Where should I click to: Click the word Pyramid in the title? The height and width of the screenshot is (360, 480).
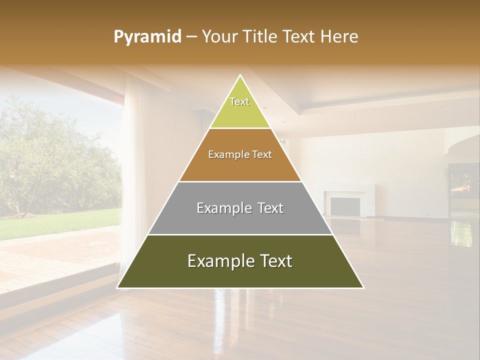click(147, 37)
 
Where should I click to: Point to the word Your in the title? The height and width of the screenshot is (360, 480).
click(221, 37)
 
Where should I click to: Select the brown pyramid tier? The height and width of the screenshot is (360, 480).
click(240, 165)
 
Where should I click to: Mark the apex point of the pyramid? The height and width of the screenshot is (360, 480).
click(240, 75)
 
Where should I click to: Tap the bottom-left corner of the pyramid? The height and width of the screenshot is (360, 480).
click(117, 287)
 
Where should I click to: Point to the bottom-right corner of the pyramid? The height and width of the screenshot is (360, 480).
click(363, 287)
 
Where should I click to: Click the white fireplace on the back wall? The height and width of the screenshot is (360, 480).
click(345, 202)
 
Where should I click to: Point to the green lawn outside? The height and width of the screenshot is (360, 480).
click(60, 222)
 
